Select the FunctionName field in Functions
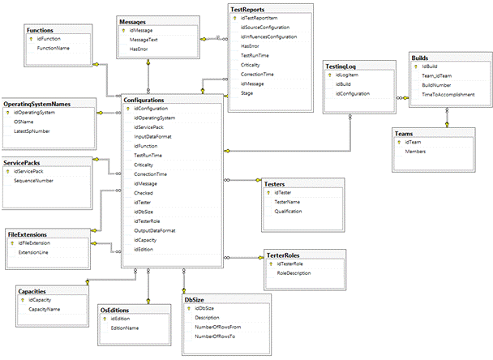point(53,49)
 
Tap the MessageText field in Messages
point(144,40)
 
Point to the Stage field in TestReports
point(247,93)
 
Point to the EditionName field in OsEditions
point(125,328)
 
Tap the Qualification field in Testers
point(288,212)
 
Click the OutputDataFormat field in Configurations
point(155,230)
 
